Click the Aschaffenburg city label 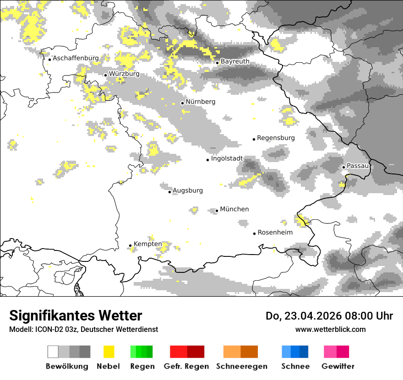pyautogui.click(x=76, y=59)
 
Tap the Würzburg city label pyautogui.click(x=124, y=74)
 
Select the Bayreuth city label pyautogui.click(x=235, y=61)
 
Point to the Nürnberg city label pyautogui.click(x=200, y=102)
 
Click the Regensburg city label pyautogui.click(x=276, y=138)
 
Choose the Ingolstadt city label pyautogui.click(x=227, y=158)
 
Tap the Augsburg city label pyautogui.click(x=187, y=190)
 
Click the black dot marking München pyautogui.click(x=217, y=211)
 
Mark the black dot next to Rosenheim pyautogui.click(x=254, y=233)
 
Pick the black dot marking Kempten pyautogui.click(x=130, y=246)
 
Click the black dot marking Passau pyautogui.click(x=343, y=167)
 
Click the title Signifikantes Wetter pyautogui.click(x=76, y=316)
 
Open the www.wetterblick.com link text pyautogui.click(x=330, y=330)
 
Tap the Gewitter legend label pyautogui.click(x=338, y=366)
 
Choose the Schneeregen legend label pyautogui.click(x=241, y=366)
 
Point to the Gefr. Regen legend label pyautogui.click(x=186, y=366)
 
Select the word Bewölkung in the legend pyautogui.click(x=67, y=366)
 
